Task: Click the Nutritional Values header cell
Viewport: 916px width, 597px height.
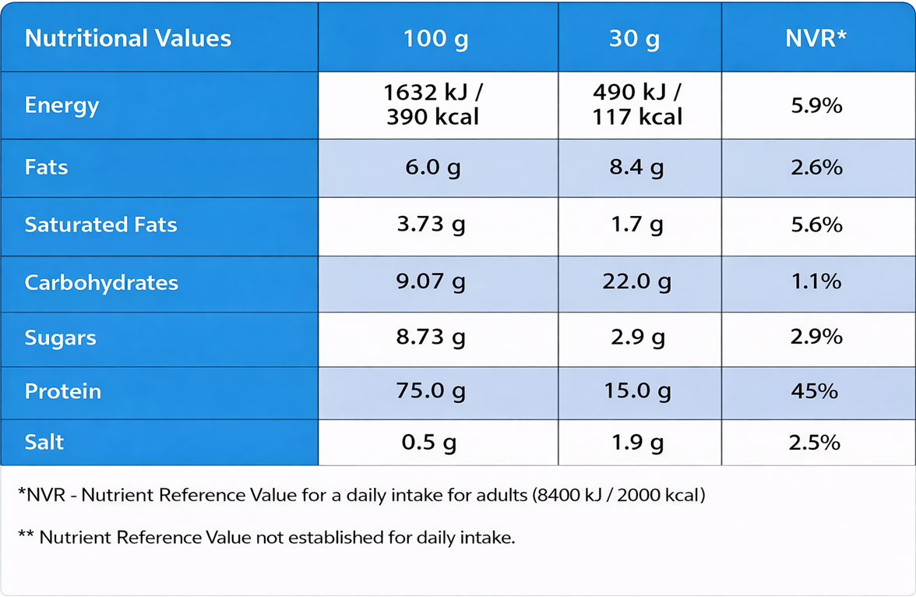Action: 128,38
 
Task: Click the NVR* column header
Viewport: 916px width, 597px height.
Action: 816,38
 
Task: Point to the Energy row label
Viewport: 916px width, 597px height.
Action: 62,105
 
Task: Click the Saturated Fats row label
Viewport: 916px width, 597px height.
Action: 100,225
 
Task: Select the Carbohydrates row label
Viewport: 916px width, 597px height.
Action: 101,282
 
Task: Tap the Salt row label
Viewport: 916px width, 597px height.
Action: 44,442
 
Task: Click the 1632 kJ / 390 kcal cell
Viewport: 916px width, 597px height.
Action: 434,105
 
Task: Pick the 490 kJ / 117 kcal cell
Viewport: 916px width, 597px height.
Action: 637,105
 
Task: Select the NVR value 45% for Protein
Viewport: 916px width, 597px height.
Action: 815,391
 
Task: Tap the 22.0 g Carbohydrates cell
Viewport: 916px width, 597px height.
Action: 637,282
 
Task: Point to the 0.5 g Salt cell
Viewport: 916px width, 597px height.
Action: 429,443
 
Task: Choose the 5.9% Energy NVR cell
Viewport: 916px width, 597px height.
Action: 816,105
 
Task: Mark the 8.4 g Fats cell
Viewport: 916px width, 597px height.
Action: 637,168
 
